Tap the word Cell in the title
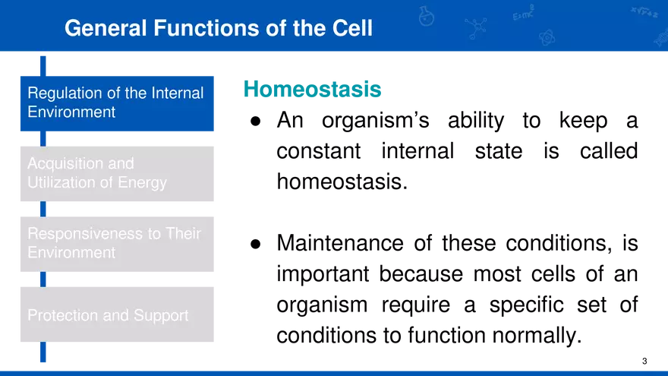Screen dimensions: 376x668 point(351,28)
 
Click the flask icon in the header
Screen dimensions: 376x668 point(427,15)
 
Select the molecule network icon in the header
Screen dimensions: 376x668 point(476,28)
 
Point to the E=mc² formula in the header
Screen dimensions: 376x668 point(523,13)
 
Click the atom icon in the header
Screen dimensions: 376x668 point(546,36)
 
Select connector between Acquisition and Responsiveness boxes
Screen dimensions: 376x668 point(43,209)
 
